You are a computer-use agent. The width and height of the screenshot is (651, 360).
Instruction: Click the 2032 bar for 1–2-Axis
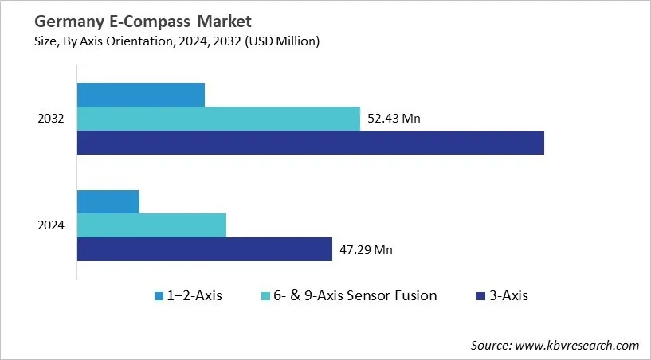[x=140, y=95]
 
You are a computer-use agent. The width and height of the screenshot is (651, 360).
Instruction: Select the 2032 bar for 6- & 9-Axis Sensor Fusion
[x=218, y=119]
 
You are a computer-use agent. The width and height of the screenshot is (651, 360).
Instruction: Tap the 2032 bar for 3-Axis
[x=310, y=143]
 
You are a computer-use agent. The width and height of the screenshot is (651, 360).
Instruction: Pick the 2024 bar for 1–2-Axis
[x=108, y=202]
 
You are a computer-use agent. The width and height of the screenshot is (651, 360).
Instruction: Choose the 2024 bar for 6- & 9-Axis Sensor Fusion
[x=151, y=225]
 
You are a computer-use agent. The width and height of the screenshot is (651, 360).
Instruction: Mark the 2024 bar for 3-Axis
[x=204, y=249]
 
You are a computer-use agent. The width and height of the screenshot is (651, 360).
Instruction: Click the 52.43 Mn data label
[x=394, y=119]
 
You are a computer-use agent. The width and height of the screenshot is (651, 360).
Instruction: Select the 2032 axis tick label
[x=52, y=119]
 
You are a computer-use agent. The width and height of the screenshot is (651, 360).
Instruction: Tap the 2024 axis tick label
[x=52, y=225]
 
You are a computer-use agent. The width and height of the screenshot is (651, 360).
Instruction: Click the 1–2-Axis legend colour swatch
[x=159, y=296]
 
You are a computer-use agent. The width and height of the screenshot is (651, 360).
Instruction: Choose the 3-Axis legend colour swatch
[x=481, y=296]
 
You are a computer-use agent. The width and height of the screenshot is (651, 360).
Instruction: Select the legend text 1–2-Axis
[x=195, y=295]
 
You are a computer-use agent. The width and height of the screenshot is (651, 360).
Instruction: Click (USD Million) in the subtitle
[x=281, y=41]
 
